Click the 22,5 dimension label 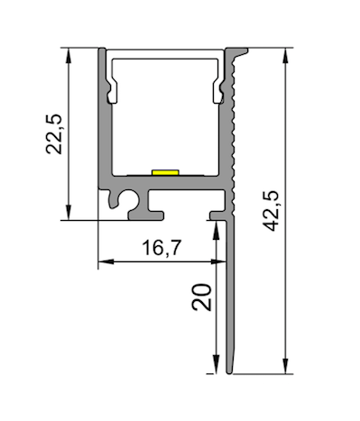point(54,134)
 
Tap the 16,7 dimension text point(162,248)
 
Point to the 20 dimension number point(201,297)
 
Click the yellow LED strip point(165,172)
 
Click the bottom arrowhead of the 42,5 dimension point(285,366)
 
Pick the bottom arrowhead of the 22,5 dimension point(69,213)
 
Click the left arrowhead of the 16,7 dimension point(106,261)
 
